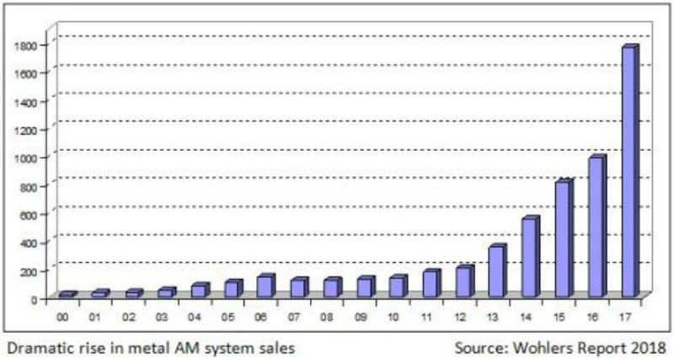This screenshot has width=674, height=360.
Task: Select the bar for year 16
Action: point(596,227)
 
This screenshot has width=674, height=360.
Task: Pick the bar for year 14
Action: point(529,257)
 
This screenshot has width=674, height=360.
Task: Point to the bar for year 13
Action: point(496,271)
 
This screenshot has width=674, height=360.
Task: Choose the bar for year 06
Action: point(265,286)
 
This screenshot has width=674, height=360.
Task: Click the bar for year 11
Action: point(430,283)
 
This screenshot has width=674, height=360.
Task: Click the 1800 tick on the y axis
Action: point(28,45)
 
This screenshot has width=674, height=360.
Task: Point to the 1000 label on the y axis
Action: point(28,158)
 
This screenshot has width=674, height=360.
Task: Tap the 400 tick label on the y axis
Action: point(30,243)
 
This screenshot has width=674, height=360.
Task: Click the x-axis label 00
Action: point(62,318)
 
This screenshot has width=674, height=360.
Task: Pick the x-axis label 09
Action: point(361,318)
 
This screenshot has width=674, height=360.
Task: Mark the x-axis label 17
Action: point(625,318)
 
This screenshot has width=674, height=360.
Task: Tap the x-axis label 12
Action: point(460,318)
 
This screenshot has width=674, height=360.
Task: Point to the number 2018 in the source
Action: point(647,347)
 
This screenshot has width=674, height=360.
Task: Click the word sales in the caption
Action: point(276,346)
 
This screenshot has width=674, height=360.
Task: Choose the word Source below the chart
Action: point(476,347)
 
